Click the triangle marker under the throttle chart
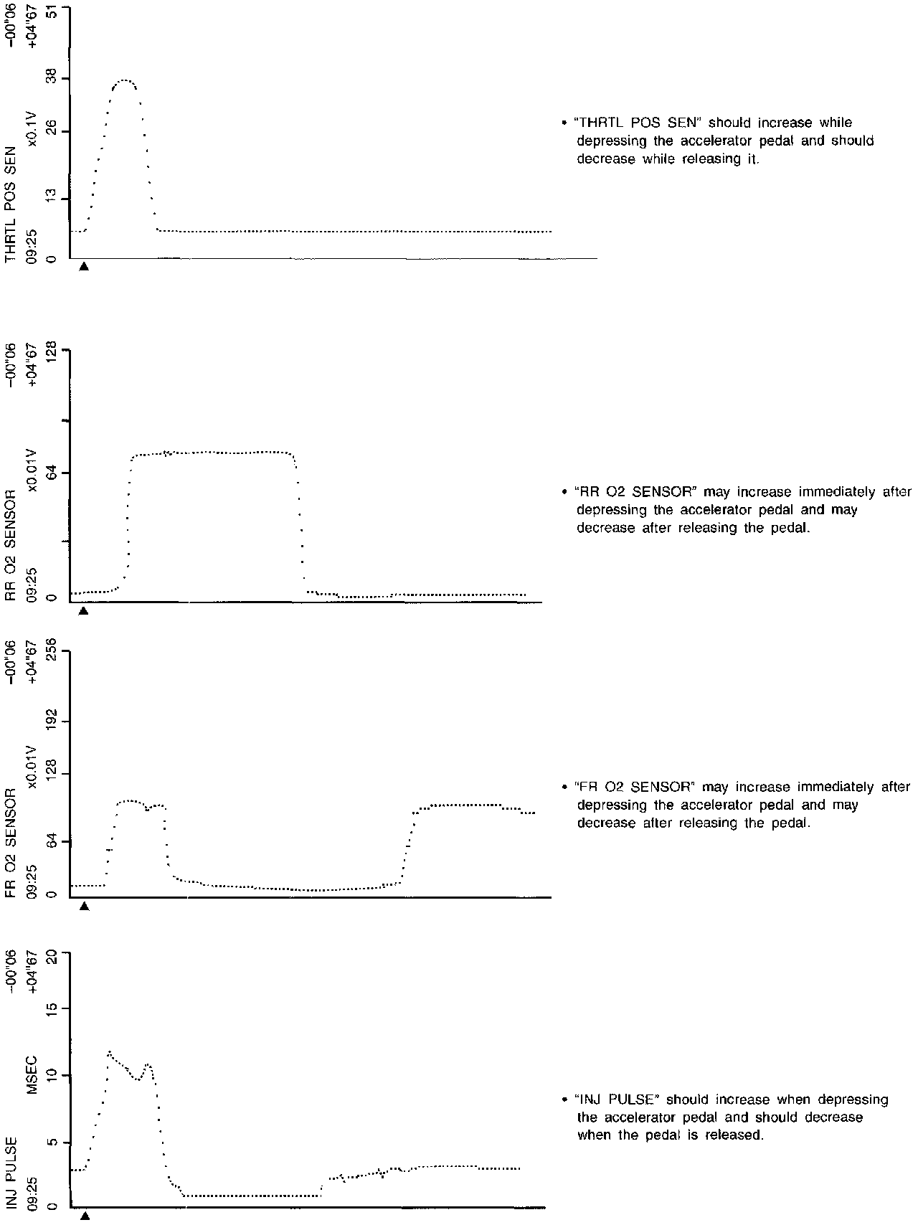84,266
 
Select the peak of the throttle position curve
125,80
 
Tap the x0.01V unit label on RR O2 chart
31,470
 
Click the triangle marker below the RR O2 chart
83,611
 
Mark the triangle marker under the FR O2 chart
84,906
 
